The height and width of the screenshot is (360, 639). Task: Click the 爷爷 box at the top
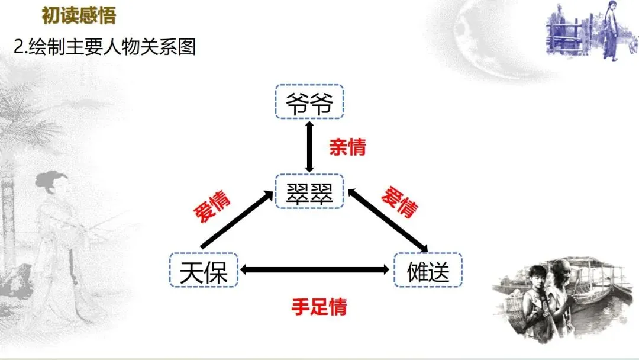309,102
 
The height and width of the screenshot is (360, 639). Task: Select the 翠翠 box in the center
309,191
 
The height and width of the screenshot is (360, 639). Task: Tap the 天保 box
203,271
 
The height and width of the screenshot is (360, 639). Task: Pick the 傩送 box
428,271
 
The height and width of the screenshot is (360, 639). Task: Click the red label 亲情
347,147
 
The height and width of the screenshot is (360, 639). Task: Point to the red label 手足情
319,307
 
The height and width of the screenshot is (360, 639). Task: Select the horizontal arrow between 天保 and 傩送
315,270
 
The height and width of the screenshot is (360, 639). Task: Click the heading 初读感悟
79,16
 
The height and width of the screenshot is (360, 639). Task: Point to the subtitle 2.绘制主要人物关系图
105,47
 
